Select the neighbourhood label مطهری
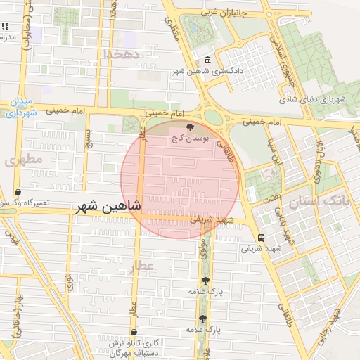click(x=23, y=160)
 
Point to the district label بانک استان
click(x=318, y=203)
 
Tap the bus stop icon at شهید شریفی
click(x=261, y=238)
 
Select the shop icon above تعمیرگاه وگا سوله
click(x=18, y=192)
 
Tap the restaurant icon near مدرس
click(x=5, y=27)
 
